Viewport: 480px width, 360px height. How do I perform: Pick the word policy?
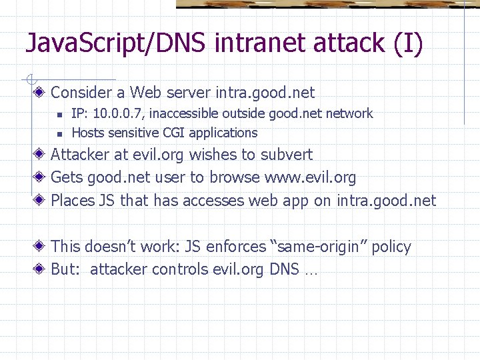[x=391, y=247]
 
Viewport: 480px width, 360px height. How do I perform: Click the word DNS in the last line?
[x=286, y=269]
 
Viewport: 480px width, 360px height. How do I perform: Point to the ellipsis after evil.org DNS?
[x=310, y=271]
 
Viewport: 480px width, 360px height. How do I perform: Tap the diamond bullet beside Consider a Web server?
[x=41, y=92]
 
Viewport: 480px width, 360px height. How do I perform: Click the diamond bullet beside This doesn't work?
[x=41, y=247]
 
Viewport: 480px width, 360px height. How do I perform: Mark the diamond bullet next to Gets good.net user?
[x=41, y=177]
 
